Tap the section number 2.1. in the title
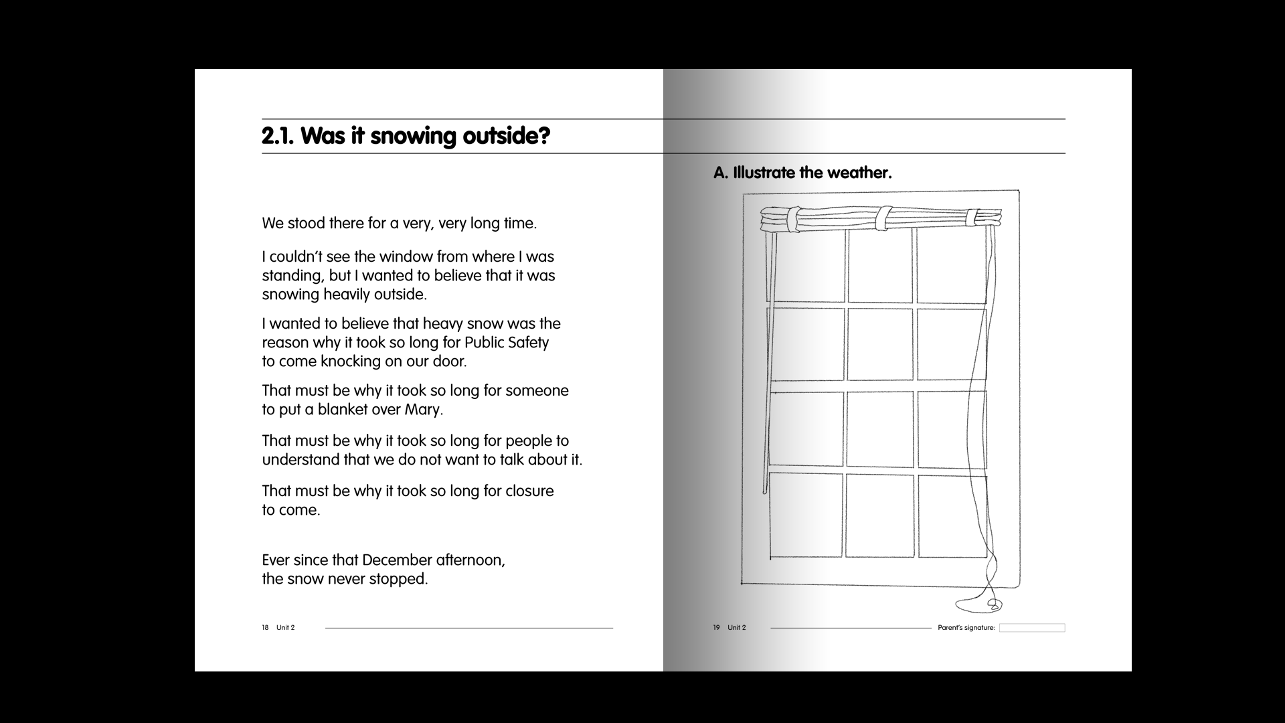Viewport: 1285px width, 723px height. (x=278, y=136)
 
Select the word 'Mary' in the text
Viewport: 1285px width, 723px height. (x=422, y=409)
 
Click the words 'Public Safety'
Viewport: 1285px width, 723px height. (x=506, y=342)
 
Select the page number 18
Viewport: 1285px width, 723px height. (x=265, y=628)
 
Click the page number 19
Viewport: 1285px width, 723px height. (x=716, y=628)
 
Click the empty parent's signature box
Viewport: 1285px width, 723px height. (x=1031, y=628)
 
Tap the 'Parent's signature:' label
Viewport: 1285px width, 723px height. (x=966, y=628)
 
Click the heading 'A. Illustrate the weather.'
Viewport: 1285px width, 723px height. (x=802, y=173)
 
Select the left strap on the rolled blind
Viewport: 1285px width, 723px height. (x=793, y=220)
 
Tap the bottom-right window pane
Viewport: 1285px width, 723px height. (x=951, y=515)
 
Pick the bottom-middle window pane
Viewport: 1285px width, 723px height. (x=879, y=515)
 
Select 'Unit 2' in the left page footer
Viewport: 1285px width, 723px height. (x=285, y=628)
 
